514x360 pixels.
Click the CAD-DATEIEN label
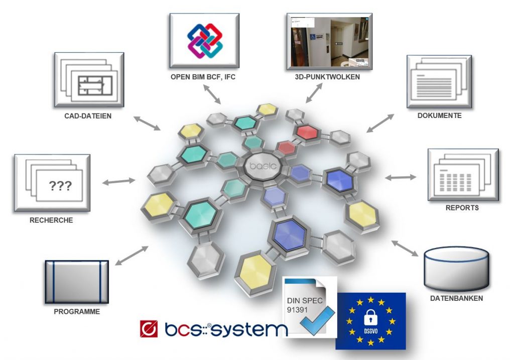(x=88, y=116)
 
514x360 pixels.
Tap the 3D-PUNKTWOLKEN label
(x=329, y=77)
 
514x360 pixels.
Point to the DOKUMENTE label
(x=439, y=115)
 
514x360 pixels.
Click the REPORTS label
(x=462, y=207)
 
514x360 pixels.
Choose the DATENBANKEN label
(x=456, y=298)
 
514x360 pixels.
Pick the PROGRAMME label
(x=77, y=311)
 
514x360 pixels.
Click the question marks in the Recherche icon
(x=60, y=187)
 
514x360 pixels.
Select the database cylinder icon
(x=456, y=269)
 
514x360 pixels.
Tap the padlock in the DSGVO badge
(x=370, y=317)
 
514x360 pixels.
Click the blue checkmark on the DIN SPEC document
(x=317, y=319)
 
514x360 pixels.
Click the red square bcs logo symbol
(x=150, y=329)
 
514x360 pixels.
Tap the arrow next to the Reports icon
(x=401, y=177)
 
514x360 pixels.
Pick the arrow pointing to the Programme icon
(x=132, y=255)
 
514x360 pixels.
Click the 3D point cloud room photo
(x=329, y=42)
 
